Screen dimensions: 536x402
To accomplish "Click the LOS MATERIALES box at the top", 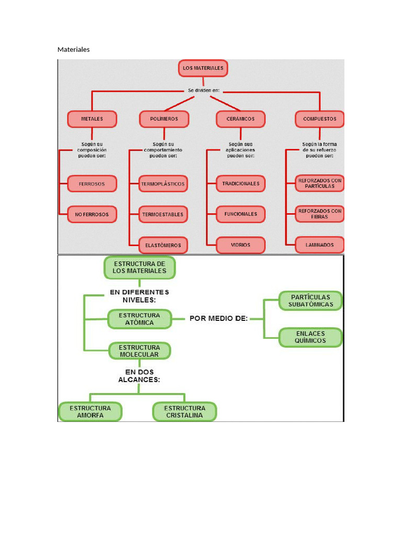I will pos(203,68).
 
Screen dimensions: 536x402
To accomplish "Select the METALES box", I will pos(92,119).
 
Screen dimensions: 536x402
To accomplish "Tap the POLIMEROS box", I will pos(164,119).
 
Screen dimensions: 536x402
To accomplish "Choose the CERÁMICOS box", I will pos(241,119).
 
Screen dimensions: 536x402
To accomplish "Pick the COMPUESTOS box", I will pos(319,119).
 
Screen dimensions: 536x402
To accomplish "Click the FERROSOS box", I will pos(92,184).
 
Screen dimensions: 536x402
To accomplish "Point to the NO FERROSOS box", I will pos(92,214).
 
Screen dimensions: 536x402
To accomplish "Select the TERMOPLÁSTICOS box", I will pos(163,184).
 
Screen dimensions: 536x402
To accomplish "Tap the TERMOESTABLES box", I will pos(163,214).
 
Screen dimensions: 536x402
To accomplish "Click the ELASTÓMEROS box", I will pos(163,245).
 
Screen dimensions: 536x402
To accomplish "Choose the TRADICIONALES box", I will pos(241,184).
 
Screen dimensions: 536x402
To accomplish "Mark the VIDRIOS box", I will pos(241,245).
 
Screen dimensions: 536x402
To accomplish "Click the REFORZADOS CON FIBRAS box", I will pos(319,214).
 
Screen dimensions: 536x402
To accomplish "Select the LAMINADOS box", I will pos(319,245).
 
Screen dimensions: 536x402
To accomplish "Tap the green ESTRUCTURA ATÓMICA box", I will pos(139,319).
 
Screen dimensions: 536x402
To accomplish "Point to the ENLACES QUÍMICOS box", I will pos(310,337).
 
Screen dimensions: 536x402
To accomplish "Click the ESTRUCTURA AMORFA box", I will pos(90,411).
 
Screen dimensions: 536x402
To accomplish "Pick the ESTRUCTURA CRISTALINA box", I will pos(184,411).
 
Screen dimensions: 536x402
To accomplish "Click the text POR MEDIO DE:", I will pos(218,318).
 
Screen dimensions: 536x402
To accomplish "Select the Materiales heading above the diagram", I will pos(73,49).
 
